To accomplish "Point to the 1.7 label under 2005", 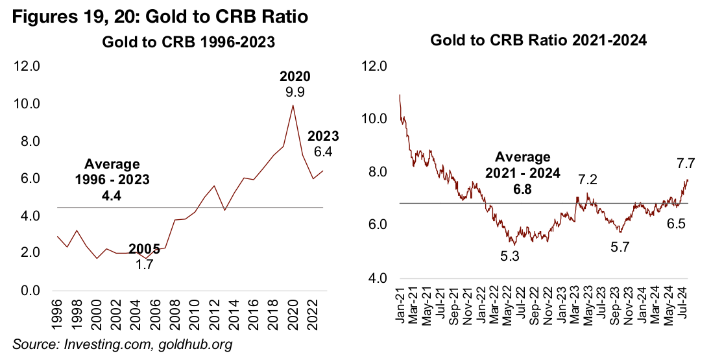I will [144, 265].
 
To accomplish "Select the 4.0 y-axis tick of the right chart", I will [377, 279].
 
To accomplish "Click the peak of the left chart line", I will [293, 106].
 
